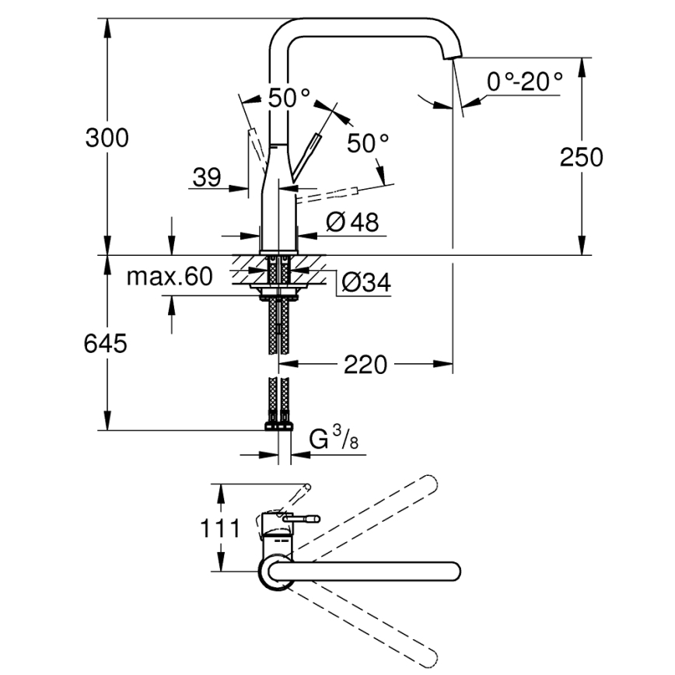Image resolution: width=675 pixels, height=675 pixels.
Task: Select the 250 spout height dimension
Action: tap(581, 157)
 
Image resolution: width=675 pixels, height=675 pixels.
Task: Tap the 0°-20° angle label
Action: tap(524, 81)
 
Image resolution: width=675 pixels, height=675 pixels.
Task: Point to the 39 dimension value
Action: tap(207, 178)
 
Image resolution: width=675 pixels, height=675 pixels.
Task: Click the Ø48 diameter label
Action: tap(352, 222)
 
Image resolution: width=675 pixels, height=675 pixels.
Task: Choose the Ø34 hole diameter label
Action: tap(365, 284)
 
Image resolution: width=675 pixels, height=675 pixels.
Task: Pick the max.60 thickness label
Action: tap(169, 277)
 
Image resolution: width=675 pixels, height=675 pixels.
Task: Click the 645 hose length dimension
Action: tap(105, 344)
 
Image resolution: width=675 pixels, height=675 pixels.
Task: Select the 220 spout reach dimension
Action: tap(365, 364)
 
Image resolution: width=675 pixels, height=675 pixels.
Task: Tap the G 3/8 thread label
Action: tap(331, 442)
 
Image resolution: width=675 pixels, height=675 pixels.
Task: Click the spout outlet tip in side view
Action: tap(451, 54)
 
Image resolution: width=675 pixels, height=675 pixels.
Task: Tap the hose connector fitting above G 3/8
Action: tap(279, 425)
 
